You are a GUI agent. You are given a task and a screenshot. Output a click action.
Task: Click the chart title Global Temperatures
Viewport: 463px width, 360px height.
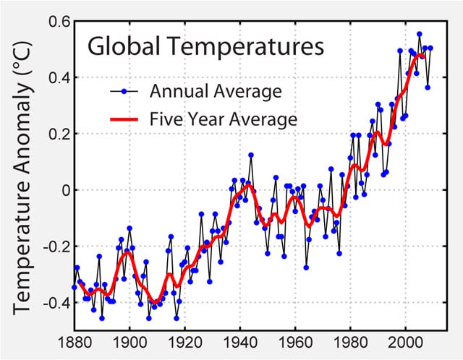click(205, 48)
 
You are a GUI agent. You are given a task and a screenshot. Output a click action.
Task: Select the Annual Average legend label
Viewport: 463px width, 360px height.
click(214, 92)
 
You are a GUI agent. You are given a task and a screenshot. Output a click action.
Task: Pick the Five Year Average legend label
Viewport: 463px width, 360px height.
click(223, 119)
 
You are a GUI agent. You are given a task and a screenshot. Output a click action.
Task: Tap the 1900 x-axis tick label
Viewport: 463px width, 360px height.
click(129, 343)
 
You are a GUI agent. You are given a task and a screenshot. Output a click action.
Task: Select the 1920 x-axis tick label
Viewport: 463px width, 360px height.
click(184, 343)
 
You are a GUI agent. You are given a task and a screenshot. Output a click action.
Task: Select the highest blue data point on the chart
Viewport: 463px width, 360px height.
click(419, 34)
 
